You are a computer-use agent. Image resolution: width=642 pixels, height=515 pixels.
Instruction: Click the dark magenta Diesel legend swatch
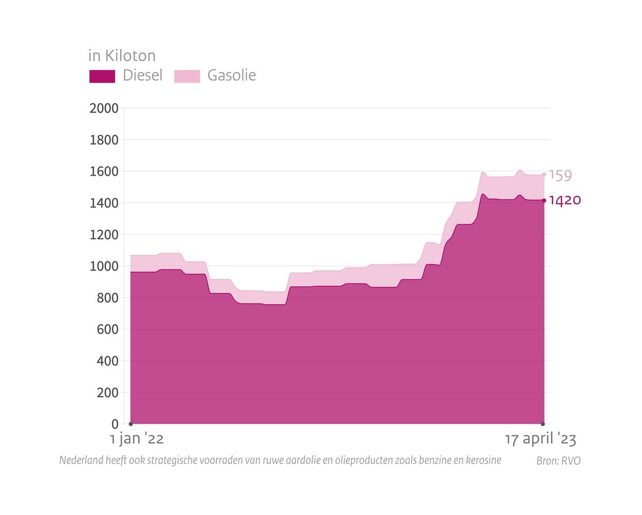[102, 76]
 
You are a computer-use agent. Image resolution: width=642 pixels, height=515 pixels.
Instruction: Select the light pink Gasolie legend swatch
[187, 76]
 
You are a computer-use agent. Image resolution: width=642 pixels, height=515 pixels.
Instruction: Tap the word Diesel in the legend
[142, 75]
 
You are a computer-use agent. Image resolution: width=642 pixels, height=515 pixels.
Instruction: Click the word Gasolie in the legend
[231, 75]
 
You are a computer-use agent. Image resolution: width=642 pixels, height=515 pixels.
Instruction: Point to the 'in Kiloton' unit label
[122, 55]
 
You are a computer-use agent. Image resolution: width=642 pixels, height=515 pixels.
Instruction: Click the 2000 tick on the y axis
[104, 108]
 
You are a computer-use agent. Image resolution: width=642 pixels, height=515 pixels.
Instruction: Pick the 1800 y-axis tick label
[104, 140]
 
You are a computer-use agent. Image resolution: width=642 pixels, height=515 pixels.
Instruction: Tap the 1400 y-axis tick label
[104, 203]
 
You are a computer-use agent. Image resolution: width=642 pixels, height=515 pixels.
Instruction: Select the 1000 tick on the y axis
[104, 266]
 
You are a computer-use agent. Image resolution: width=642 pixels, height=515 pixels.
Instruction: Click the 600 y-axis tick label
[107, 329]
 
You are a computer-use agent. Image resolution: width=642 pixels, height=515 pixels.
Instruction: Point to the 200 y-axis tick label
[107, 392]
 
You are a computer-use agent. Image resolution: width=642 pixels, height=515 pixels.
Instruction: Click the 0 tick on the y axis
[115, 424]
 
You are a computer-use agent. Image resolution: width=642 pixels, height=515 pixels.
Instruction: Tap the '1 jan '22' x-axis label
[137, 439]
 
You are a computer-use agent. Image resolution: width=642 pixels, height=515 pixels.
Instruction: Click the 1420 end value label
[565, 200]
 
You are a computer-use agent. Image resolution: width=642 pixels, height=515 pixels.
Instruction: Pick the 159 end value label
[560, 175]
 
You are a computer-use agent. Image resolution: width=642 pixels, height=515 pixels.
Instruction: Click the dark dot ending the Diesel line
[544, 200]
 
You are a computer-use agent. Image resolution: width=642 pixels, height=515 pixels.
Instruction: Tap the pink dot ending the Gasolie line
[544, 175]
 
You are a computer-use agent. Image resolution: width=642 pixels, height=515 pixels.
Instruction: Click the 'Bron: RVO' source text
[558, 461]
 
